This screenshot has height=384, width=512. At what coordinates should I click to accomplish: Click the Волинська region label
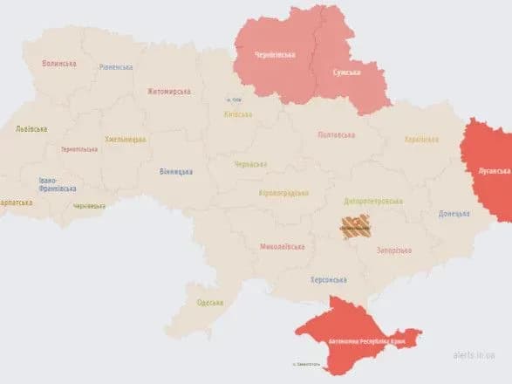58,63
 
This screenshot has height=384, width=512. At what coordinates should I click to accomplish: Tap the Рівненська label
116,67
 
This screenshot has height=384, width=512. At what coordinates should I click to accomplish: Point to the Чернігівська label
275,55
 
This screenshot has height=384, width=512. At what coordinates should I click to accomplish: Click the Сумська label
346,72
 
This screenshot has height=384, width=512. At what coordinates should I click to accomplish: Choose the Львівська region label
32,128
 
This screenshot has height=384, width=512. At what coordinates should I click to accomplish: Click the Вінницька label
176,171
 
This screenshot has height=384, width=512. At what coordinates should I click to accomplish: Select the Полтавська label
336,134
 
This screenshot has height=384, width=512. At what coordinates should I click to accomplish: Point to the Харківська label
421,140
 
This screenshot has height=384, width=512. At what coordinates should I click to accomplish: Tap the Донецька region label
454,213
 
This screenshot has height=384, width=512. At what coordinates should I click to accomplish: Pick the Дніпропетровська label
372,202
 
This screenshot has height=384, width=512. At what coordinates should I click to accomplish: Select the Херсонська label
329,279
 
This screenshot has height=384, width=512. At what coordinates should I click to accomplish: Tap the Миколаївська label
282,247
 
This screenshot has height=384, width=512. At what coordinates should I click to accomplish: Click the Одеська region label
209,302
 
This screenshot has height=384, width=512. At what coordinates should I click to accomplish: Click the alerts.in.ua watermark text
474,356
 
